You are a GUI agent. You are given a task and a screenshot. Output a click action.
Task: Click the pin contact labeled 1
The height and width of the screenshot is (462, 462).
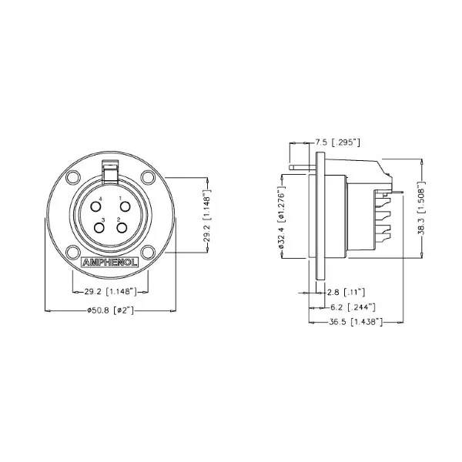click(122, 206)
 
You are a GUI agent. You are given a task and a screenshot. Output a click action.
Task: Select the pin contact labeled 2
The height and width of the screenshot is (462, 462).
click(121, 227)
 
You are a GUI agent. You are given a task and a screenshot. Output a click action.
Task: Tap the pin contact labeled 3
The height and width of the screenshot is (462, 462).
click(100, 227)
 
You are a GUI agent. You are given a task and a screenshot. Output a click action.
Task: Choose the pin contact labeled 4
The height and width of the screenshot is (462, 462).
click(99, 206)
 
